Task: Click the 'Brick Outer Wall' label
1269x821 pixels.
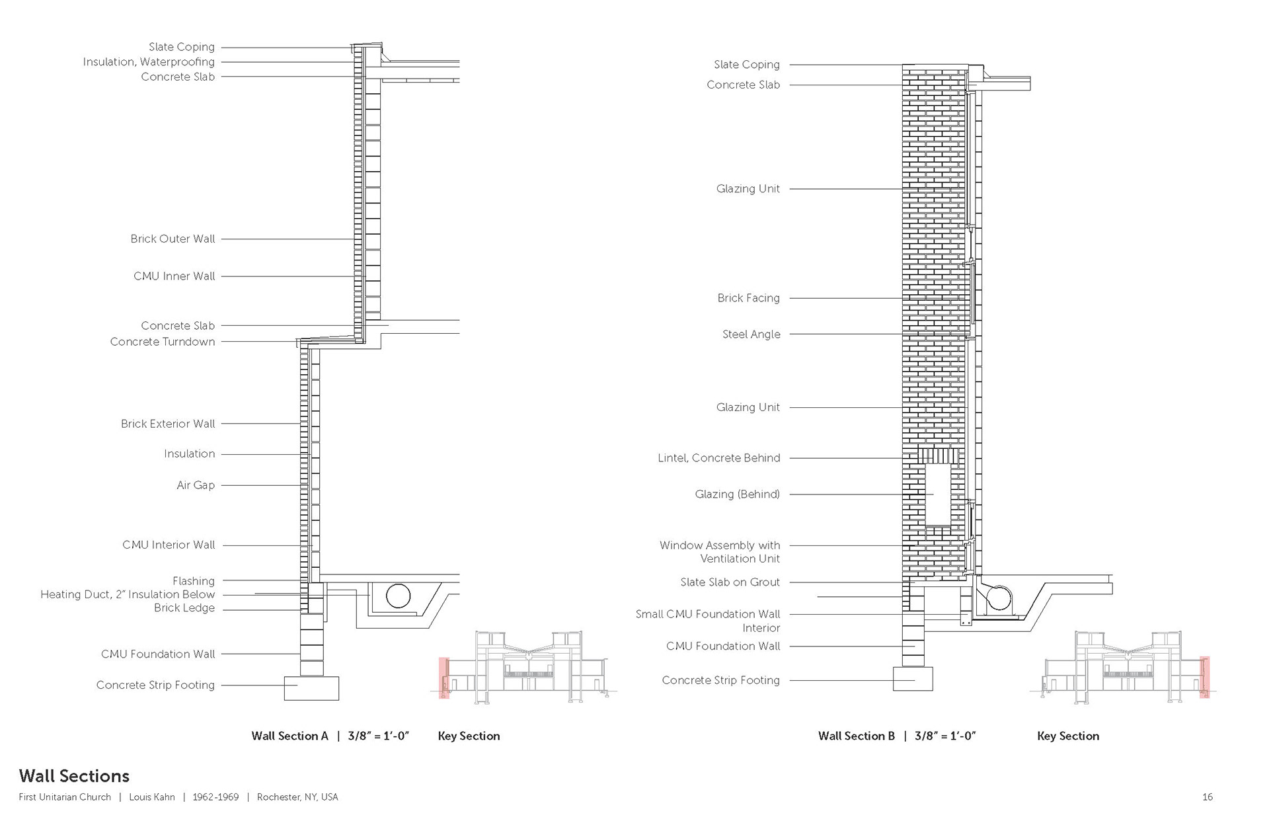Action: click(173, 239)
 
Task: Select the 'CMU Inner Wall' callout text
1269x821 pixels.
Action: click(174, 276)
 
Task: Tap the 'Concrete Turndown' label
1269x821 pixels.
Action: click(162, 341)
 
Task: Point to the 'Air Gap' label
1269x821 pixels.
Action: click(195, 485)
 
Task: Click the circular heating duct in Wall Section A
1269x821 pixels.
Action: click(398, 596)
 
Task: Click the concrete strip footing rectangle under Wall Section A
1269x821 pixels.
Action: click(311, 688)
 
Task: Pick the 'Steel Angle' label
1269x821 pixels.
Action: click(751, 334)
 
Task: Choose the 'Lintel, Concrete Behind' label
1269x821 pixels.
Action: click(718, 457)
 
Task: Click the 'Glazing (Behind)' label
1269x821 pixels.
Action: click(737, 494)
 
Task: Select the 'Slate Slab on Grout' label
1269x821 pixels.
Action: click(730, 582)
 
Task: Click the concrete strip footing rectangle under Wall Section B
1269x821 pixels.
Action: click(913, 679)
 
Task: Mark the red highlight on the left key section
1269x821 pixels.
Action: click(444, 678)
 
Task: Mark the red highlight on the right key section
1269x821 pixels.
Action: click(1204, 677)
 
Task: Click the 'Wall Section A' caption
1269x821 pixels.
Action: click(289, 736)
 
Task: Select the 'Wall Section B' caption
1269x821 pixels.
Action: click(856, 736)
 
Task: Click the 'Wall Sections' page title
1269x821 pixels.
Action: click(74, 775)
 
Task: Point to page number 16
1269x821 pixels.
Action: click(1207, 797)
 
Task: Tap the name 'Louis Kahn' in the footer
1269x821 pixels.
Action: click(151, 797)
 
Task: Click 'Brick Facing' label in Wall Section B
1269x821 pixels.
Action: click(748, 297)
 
